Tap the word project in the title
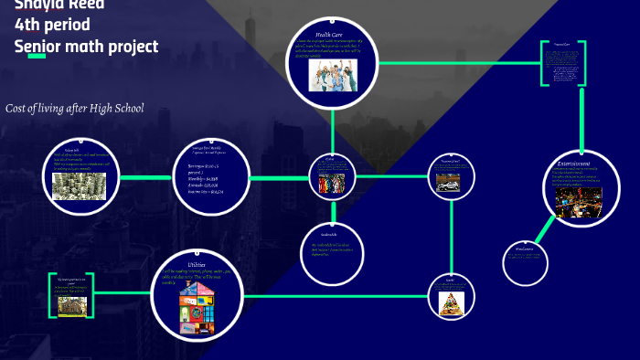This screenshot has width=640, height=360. pos(132,47)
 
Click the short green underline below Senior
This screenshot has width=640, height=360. pos(36,58)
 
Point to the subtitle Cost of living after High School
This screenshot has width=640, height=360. pos(75,109)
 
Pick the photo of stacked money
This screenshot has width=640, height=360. pos(79,185)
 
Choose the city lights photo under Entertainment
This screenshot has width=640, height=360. pos(579,202)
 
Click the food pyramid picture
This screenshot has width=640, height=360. pos(450,300)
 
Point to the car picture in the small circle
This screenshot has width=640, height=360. pos(450,185)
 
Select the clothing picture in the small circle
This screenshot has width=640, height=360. pos(330,184)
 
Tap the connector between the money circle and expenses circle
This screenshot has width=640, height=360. pos(146,176)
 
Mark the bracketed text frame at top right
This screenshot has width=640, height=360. pos(562,63)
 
